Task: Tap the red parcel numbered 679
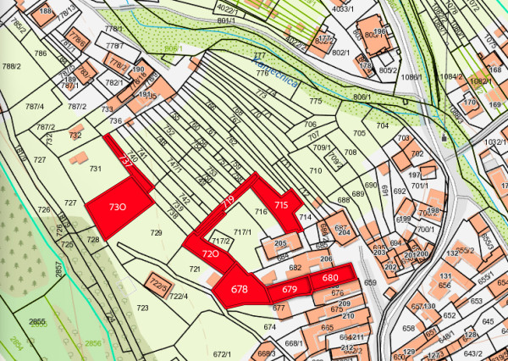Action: point(290,290)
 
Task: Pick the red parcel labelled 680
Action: point(330,279)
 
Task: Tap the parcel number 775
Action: point(316,102)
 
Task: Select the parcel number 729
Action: point(156,232)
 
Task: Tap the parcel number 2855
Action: point(37,322)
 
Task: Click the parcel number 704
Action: point(382,125)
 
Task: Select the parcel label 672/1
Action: point(222,353)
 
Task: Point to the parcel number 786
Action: point(40,53)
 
